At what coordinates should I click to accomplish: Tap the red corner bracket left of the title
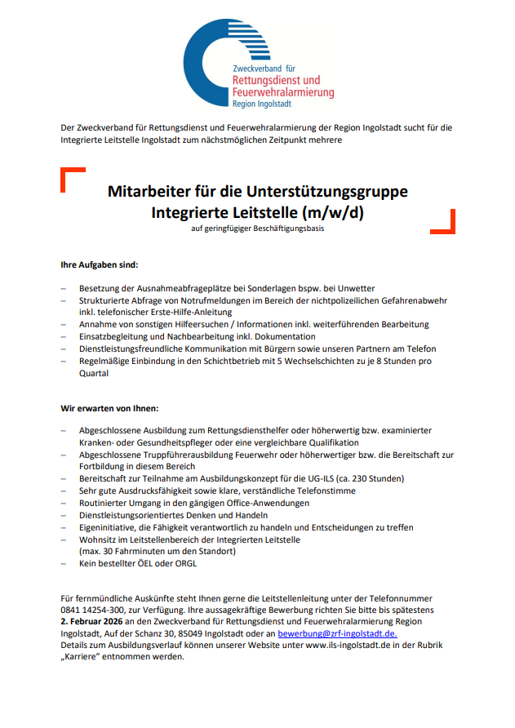[71, 177]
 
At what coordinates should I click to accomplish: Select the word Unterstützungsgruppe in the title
[329, 192]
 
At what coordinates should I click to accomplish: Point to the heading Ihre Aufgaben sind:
[100, 265]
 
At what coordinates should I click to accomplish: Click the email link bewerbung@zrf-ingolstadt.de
[337, 633]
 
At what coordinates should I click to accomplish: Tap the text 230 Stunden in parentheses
[376, 478]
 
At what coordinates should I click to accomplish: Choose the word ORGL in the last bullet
[184, 563]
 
